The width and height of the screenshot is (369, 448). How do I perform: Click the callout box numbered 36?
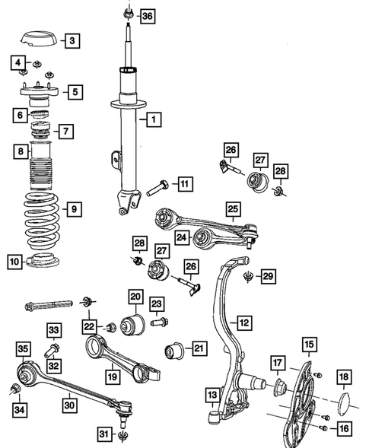[147, 16]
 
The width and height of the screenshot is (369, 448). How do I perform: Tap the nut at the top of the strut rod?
[128, 13]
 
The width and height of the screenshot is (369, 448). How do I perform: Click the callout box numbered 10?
[15, 262]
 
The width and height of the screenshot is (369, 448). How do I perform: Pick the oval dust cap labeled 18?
[342, 399]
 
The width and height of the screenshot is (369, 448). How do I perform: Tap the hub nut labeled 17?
[278, 386]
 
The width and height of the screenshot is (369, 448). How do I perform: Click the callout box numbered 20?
[135, 297]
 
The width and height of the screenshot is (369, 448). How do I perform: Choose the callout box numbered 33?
[54, 329]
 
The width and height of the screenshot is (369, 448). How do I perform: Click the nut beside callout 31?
[122, 436]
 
